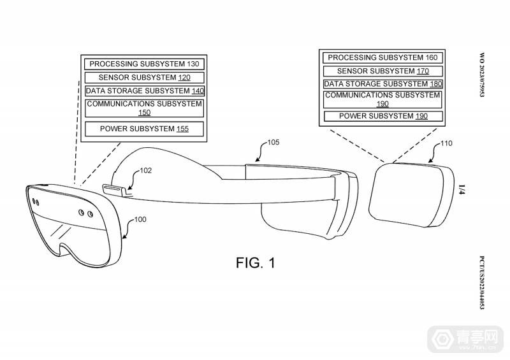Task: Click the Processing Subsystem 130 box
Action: tap(143, 64)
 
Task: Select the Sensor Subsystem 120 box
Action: tap(143, 77)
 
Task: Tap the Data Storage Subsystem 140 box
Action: tap(145, 90)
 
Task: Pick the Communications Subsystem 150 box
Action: tap(144, 108)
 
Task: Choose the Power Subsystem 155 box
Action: tap(144, 129)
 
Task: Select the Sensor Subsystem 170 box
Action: tap(382, 70)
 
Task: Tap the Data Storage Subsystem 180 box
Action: tap(382, 83)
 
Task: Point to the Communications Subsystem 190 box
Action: tap(382, 99)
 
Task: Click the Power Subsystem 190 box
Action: tap(382, 116)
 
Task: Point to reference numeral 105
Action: tap(272, 143)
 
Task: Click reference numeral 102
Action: tap(146, 170)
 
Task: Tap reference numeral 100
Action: tap(140, 219)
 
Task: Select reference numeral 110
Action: tap(446, 143)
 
